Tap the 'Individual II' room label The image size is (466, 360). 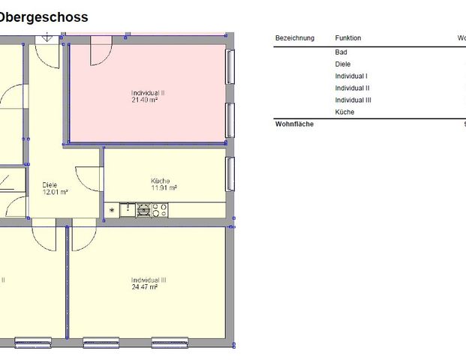(x=148, y=93)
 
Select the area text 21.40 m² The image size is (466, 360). (x=148, y=100)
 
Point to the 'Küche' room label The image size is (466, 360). (x=160, y=181)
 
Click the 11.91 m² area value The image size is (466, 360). (x=164, y=188)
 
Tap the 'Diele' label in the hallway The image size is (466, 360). (x=50, y=184)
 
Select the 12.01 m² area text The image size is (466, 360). (x=55, y=192)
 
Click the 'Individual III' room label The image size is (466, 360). (x=149, y=280)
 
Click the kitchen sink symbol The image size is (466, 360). (x=125, y=210)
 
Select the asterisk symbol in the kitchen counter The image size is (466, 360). (x=112, y=210)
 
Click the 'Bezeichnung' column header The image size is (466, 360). (x=295, y=37)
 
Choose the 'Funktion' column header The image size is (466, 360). (x=347, y=37)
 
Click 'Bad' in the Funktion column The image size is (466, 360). (x=341, y=52)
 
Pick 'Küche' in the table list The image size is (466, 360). (x=344, y=112)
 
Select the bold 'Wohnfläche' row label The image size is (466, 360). (x=294, y=124)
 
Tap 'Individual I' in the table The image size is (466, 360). (x=350, y=76)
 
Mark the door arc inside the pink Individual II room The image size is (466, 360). (x=101, y=52)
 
